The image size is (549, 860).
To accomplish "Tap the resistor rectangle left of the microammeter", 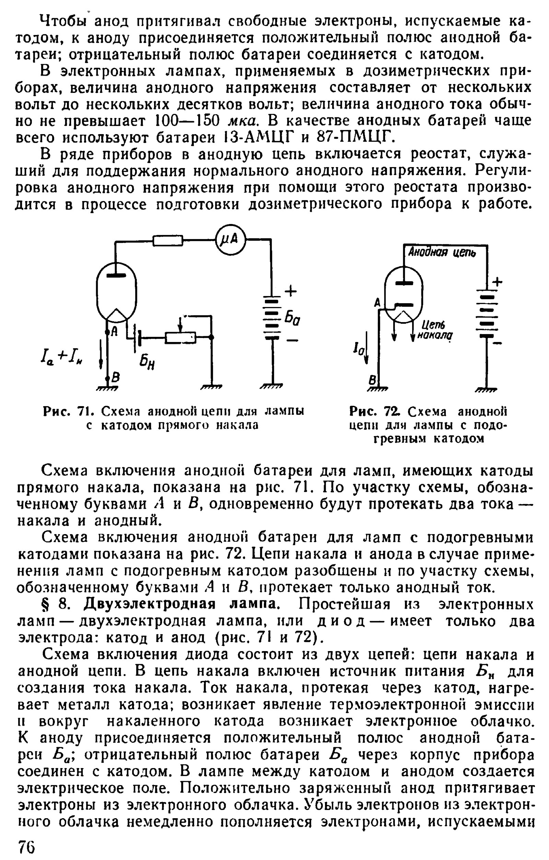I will click(168, 240).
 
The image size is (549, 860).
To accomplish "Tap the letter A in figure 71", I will click(114, 331).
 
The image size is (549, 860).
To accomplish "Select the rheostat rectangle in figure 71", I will click(180, 337).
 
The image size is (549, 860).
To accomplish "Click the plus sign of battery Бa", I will click(291, 292).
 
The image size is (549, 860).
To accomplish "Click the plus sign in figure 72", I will click(497, 282).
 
